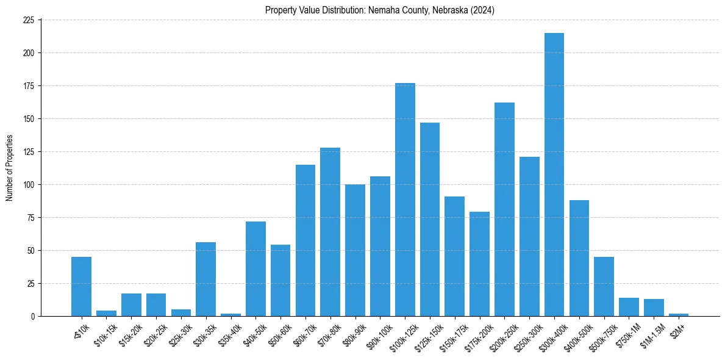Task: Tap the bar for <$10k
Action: [81, 286]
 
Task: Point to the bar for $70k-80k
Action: [330, 232]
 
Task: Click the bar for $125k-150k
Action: [429, 219]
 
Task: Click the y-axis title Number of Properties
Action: [9, 168]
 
